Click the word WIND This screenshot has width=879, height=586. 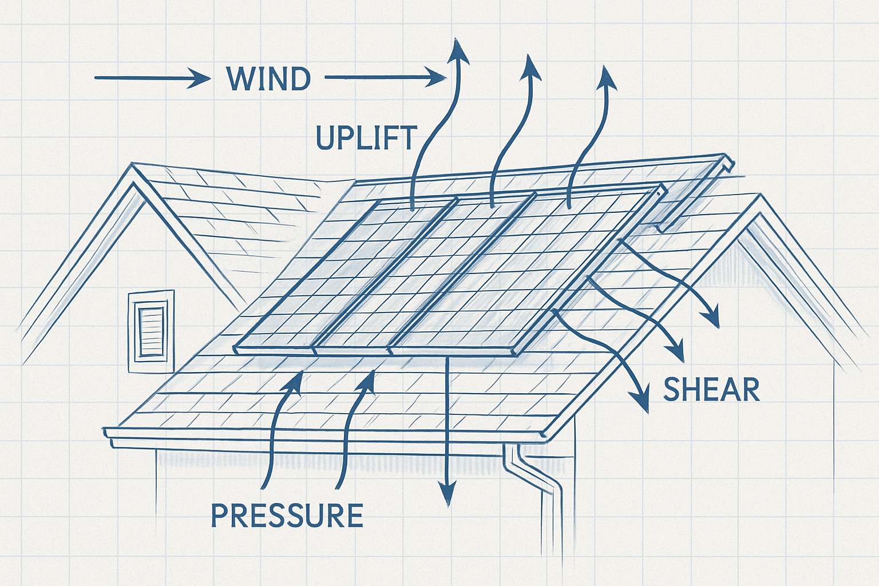[268, 79]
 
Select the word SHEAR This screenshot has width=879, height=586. [711, 390]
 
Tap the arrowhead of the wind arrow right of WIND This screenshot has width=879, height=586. [438, 77]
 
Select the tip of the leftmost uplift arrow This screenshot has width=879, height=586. [458, 46]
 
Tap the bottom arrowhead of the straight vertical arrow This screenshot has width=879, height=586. [447, 498]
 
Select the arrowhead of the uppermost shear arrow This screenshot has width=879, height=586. [712, 320]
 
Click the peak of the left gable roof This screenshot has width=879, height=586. [133, 167]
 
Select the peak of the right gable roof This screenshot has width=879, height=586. [760, 197]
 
